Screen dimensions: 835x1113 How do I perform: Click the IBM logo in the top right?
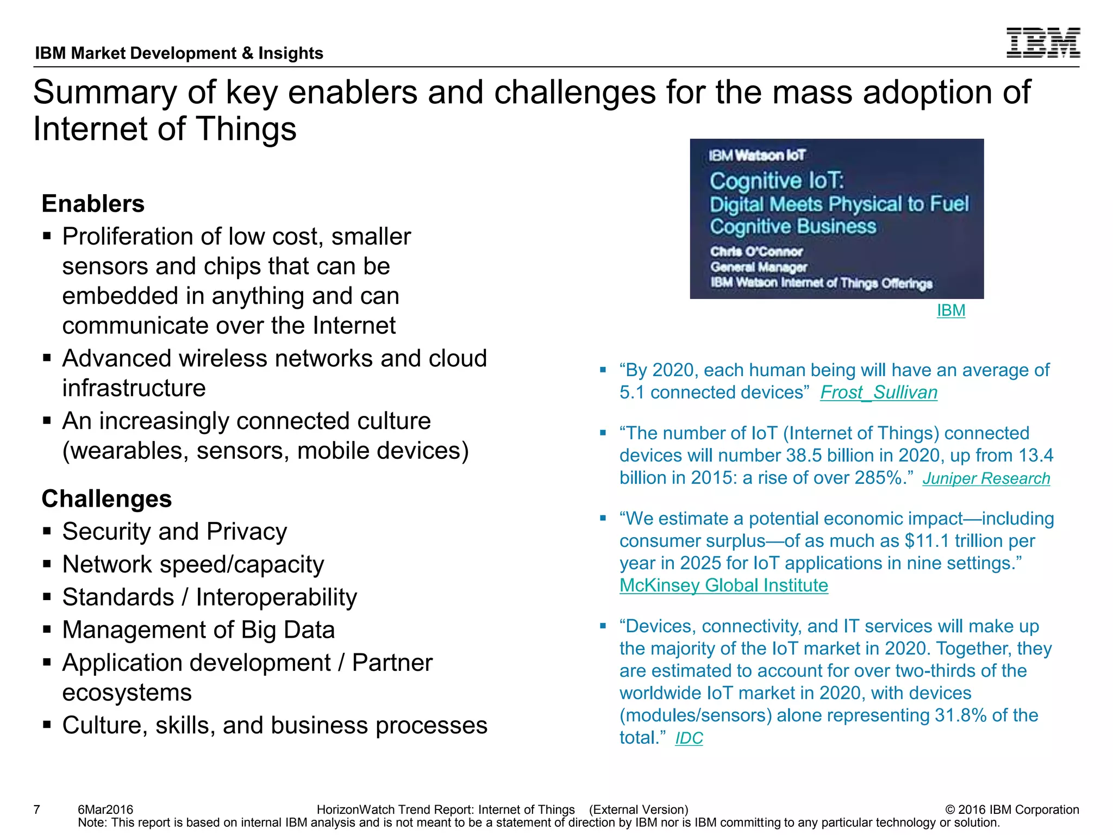point(1042,42)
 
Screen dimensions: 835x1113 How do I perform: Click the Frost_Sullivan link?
point(878,392)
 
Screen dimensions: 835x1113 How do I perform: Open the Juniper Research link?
point(986,478)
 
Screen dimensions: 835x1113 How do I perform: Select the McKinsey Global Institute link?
point(723,585)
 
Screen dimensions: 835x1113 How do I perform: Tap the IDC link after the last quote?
point(689,738)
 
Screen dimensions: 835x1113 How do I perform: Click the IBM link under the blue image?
point(951,310)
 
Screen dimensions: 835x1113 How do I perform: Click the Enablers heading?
point(93,204)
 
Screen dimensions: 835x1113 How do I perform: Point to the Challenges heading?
point(107,499)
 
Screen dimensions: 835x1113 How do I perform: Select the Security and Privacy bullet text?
point(174,532)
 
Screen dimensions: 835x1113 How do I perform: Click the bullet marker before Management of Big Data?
point(47,630)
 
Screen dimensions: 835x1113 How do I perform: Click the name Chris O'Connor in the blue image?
point(755,252)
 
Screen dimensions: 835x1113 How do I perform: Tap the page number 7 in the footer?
point(37,809)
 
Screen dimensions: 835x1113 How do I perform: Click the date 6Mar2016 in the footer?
point(105,809)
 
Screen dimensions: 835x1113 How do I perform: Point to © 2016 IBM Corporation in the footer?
point(1012,809)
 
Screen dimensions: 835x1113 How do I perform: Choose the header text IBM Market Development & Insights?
point(179,53)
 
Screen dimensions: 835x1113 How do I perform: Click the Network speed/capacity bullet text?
point(193,564)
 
